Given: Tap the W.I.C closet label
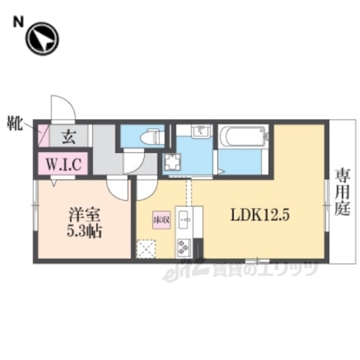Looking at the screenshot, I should pos(63,163).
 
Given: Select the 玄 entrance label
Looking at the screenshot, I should pos(67,136).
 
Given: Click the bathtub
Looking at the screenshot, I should pos(239,137).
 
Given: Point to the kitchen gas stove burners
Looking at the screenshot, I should pos(184,245).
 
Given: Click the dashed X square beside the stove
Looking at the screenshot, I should pos(147,247).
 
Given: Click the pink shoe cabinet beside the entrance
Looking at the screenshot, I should pos(42,137).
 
